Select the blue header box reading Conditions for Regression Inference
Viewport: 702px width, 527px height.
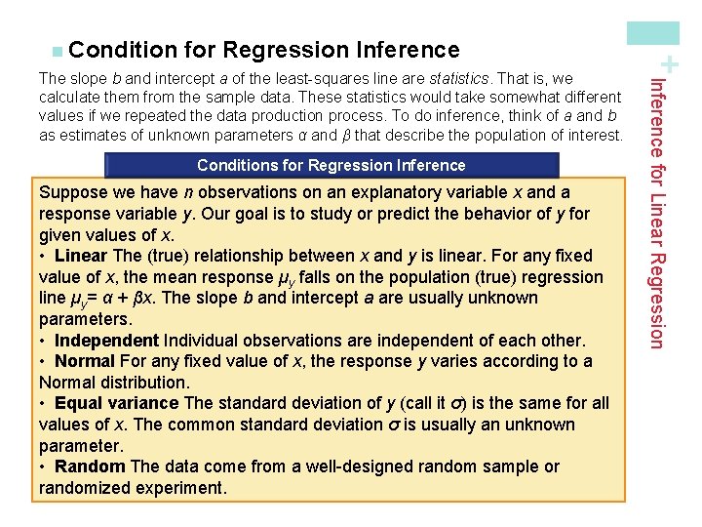(331, 166)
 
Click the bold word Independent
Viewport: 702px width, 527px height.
(106, 341)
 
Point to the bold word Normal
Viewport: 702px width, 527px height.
(85, 361)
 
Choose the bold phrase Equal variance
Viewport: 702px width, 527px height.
(116, 403)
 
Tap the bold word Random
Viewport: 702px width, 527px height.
(90, 466)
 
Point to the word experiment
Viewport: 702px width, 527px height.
(181, 488)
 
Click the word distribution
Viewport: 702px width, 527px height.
(141, 383)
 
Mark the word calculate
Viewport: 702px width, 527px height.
(69, 97)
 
